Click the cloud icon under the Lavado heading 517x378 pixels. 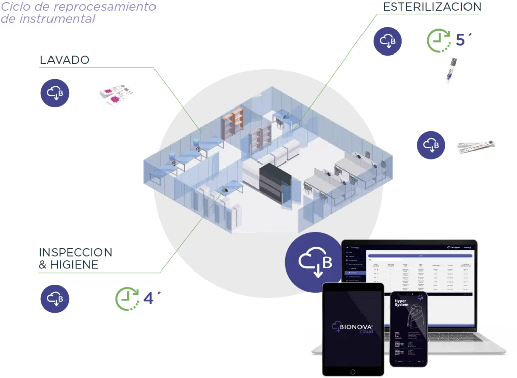56,93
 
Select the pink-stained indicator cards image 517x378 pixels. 115,95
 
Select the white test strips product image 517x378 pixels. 476,145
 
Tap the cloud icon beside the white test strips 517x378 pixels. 431,145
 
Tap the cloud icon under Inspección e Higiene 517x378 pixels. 56,299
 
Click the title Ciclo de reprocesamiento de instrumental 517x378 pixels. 78,13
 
